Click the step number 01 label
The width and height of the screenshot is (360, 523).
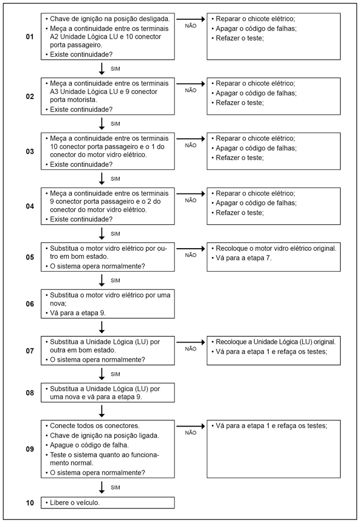[x=29, y=38]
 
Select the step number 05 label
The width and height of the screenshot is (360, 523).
[x=29, y=258]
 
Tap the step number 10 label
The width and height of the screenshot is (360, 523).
[x=29, y=503]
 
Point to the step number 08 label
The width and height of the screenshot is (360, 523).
[x=29, y=392]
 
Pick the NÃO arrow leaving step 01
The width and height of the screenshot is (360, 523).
[x=191, y=19]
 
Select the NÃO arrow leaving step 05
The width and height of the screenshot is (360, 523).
[x=191, y=249]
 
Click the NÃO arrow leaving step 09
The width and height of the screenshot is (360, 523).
[x=191, y=426]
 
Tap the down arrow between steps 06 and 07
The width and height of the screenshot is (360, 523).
[x=102, y=327]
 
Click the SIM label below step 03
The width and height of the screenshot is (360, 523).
[x=116, y=179]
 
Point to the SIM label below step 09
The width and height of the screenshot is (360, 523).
[x=116, y=486]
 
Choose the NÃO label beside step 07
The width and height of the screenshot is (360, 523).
[x=191, y=348]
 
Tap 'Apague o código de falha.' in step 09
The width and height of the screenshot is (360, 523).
[x=89, y=445]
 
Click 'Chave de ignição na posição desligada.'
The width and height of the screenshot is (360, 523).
[x=109, y=18]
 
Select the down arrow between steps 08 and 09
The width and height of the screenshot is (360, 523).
[x=102, y=410]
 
